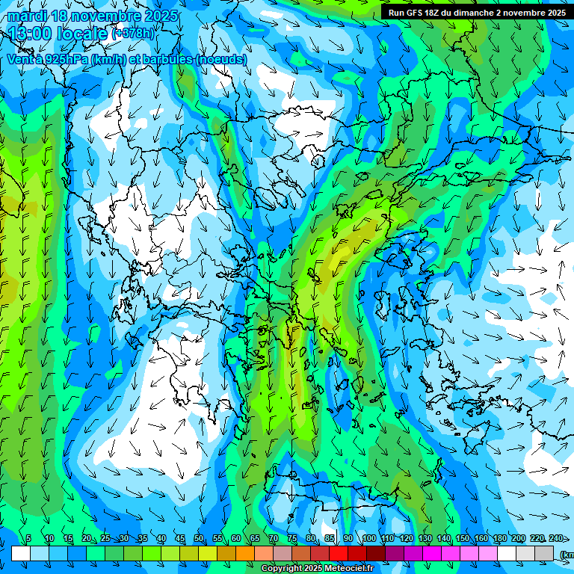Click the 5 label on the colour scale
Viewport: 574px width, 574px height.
pos(28,539)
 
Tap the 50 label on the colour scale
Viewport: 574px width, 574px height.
pos(199,539)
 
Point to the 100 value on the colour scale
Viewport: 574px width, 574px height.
pos(368,539)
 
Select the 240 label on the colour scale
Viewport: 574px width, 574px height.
pos(555,539)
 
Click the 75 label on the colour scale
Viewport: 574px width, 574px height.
pos(292,539)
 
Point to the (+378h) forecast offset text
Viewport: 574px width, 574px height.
pos(133,34)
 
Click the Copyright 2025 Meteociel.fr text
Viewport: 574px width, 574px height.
pos(317,569)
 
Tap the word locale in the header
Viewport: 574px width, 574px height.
pos(83,34)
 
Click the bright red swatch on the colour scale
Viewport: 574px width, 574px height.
pos(339,553)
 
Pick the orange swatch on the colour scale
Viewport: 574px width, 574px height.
pos(245,553)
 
